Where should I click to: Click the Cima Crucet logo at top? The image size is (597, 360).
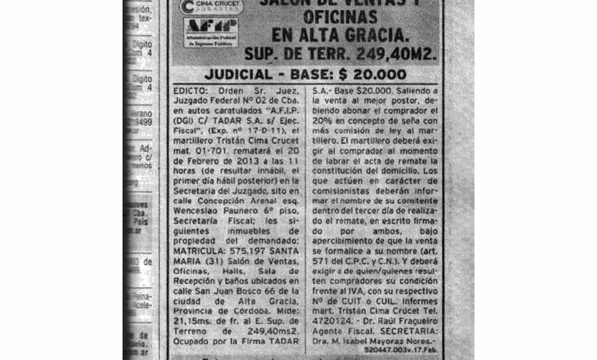(210, 7)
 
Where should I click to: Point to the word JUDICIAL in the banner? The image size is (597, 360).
(249, 74)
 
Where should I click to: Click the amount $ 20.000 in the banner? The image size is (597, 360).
(373, 74)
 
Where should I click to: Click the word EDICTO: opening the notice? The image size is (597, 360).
(192, 90)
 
